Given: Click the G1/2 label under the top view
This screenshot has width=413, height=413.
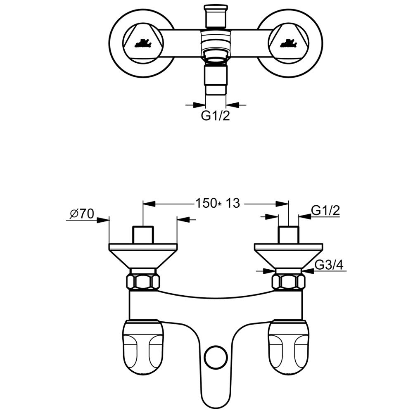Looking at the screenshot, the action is coord(216,116).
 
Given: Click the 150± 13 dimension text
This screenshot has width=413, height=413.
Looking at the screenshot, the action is coord(218,203).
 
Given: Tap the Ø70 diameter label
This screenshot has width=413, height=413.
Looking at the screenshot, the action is coord(82,214).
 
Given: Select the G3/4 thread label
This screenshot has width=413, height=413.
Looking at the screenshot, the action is coord(329,265).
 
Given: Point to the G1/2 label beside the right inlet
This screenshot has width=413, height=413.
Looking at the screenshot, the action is coord(325,211).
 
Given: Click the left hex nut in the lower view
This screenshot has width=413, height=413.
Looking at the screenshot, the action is coord(143,282).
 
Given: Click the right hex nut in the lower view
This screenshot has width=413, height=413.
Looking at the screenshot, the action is coord(288,282).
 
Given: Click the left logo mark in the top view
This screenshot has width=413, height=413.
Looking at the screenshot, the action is coord(143,43).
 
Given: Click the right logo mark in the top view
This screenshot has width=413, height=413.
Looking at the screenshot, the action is coord(288,43).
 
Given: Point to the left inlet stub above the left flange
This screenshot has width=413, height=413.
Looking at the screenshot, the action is coord(143,235).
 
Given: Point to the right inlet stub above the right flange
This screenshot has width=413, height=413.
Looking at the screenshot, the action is coord(288,235).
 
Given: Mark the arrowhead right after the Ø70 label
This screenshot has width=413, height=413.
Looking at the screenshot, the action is coord(103,220).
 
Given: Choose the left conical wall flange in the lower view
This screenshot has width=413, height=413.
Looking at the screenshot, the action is coord(143,256).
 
